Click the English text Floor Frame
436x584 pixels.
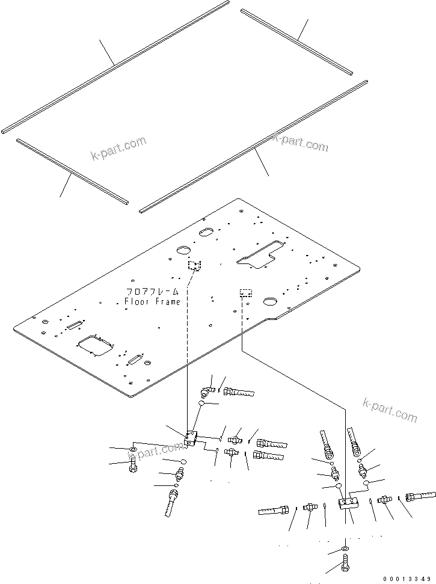point(152,301)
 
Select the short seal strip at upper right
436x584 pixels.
point(296,41)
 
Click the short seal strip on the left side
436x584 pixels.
point(72,170)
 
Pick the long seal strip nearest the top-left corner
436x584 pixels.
point(114,66)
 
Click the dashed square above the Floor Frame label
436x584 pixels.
point(194,265)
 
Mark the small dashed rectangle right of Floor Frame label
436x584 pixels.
point(245,293)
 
